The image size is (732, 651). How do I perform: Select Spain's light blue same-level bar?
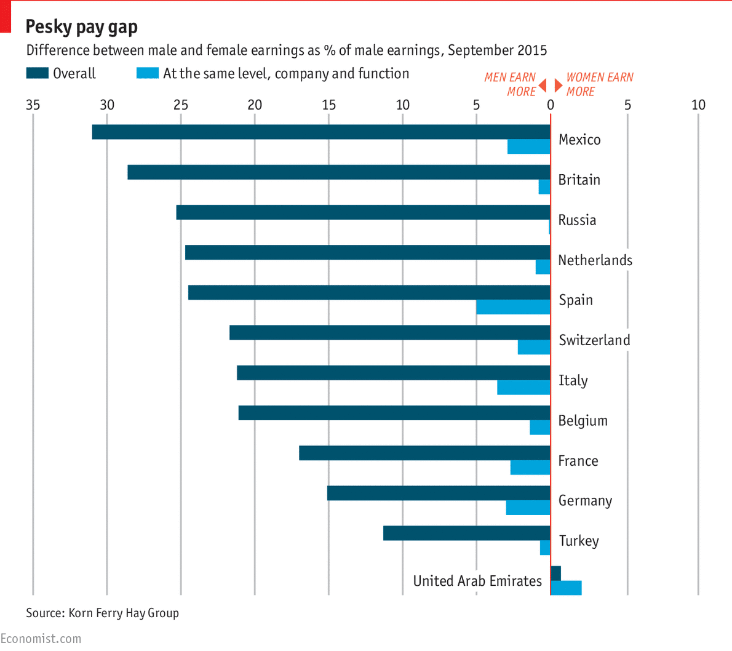tap(513, 307)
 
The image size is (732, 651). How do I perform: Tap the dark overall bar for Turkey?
tap(466, 533)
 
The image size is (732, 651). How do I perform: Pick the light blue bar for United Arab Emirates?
tap(566, 588)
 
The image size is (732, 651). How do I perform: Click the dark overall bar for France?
tap(424, 453)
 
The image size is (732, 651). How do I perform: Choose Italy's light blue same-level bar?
tap(523, 387)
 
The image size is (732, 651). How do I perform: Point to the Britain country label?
tap(579, 180)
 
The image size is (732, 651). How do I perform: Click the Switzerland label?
tap(594, 340)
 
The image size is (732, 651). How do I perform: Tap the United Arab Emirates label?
tap(477, 581)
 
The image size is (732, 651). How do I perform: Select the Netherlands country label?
tap(595, 260)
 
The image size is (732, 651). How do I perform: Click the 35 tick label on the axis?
tap(33, 105)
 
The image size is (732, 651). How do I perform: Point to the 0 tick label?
tap(551, 105)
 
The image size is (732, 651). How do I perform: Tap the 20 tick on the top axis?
tap(255, 105)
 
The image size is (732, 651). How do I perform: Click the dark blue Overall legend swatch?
tap(37, 73)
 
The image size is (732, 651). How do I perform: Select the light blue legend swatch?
tap(148, 73)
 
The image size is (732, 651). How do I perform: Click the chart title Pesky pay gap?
tap(81, 27)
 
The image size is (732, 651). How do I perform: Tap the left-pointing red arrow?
tap(543, 84)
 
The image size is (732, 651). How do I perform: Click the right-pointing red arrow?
tap(558, 84)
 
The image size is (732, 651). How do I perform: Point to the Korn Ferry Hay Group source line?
tap(102, 613)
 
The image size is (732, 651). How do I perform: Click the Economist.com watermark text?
tap(41, 639)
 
